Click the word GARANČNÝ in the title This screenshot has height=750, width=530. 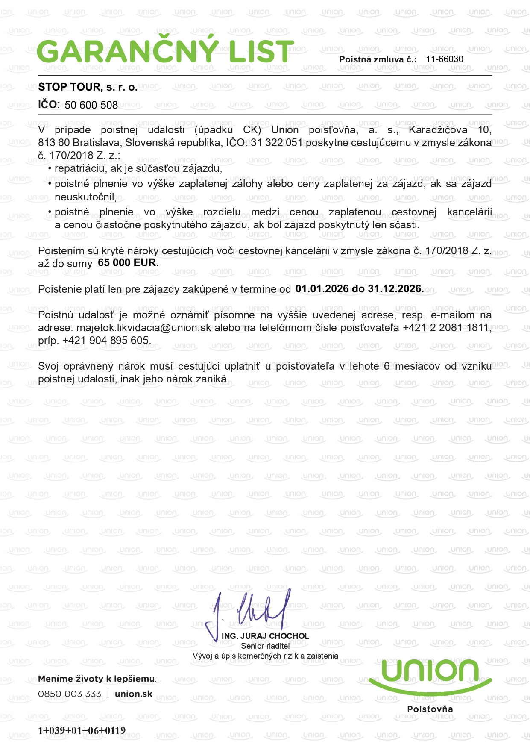[128, 52]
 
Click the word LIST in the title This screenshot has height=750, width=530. [261, 52]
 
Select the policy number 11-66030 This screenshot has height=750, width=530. [445, 59]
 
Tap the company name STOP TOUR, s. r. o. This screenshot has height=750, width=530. [88, 87]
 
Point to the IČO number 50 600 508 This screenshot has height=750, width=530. [91, 105]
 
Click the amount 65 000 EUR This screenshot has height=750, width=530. [128, 263]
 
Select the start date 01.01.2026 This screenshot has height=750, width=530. [322, 289]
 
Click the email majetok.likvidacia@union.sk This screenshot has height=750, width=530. [143, 328]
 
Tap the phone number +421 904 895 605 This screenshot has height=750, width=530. [106, 341]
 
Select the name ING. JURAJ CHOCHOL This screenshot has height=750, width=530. [265, 636]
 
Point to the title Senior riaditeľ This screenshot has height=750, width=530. [265, 646]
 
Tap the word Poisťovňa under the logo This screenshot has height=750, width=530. [430, 709]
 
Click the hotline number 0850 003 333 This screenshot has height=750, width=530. [70, 694]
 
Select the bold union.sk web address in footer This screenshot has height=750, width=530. [133, 694]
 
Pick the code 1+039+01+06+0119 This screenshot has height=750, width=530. [82, 731]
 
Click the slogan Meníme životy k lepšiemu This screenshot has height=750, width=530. [97, 679]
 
